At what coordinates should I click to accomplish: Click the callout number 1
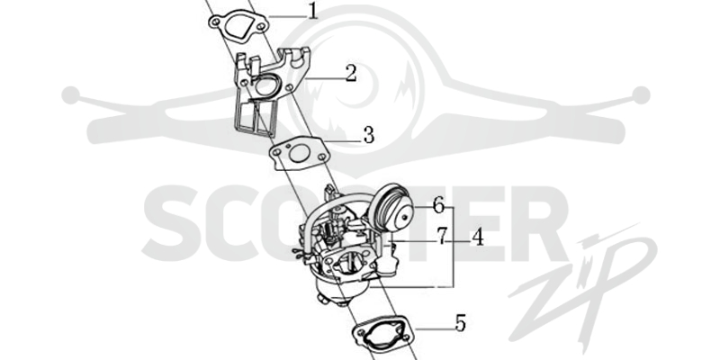tap(312, 11)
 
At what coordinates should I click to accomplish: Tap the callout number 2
tap(351, 74)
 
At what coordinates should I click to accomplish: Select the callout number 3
tap(369, 136)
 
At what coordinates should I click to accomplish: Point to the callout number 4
tap(478, 238)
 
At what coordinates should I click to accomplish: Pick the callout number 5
tap(460, 323)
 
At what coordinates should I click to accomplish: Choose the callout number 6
tap(438, 205)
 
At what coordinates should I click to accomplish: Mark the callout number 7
tap(441, 237)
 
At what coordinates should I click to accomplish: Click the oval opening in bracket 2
tap(265, 85)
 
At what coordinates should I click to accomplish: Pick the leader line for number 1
tap(287, 17)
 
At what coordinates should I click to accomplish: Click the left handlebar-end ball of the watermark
tap(71, 95)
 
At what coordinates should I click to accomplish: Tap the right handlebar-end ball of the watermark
tap(641, 95)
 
